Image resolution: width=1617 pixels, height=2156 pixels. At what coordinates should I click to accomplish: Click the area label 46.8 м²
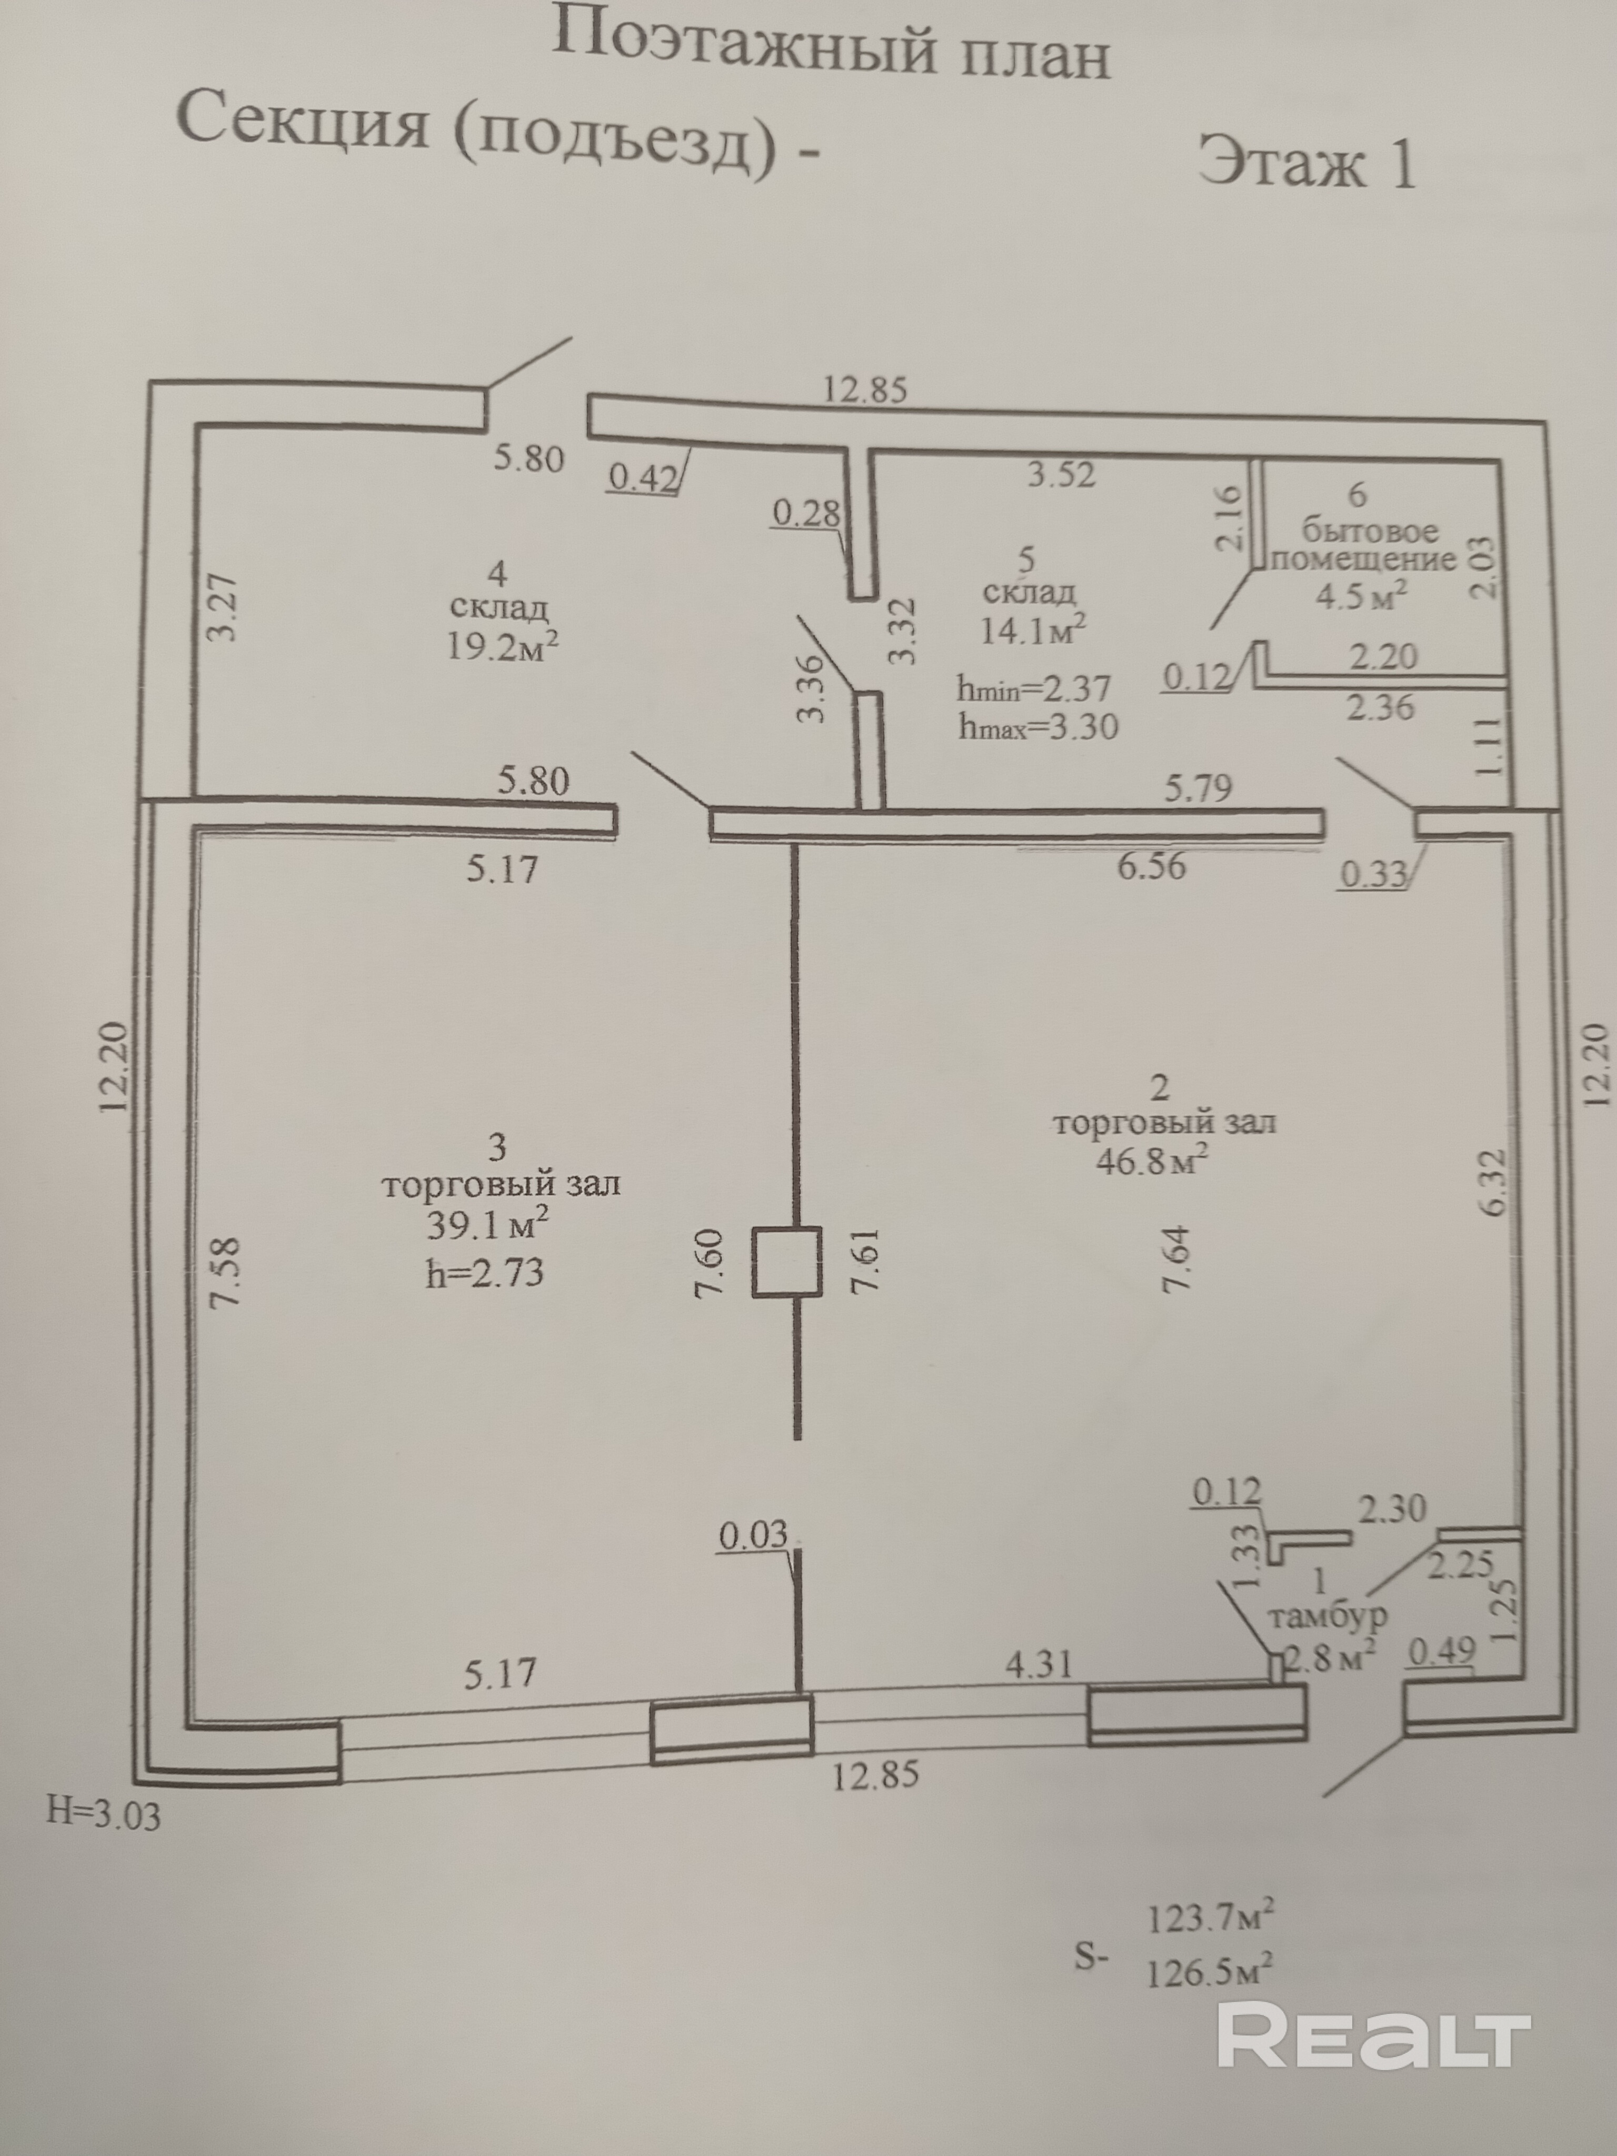tap(1153, 1160)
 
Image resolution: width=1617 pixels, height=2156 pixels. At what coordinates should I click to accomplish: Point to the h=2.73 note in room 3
tap(484, 1273)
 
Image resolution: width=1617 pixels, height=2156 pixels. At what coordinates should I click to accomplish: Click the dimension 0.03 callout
tap(753, 1536)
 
